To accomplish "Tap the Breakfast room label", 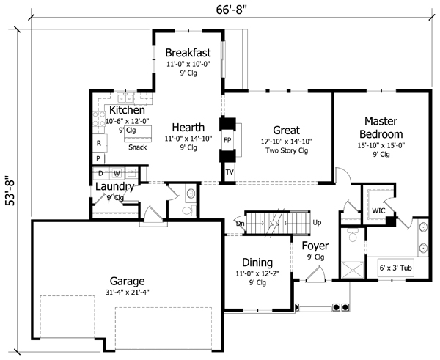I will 188,53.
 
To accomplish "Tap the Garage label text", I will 127,281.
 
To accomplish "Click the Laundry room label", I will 114,187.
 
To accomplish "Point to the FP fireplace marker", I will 227,139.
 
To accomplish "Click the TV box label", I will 229,173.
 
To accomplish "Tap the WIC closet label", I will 378,210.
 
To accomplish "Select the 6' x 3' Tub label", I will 396,268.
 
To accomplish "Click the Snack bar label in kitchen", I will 137,147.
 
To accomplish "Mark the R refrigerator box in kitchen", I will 98,142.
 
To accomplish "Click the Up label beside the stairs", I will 317,221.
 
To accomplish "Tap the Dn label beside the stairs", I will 240,222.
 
